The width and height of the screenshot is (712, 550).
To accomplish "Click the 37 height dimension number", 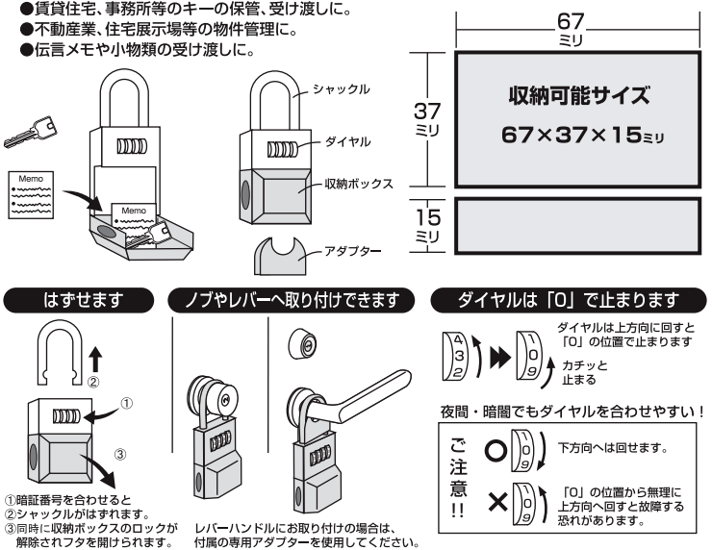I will coord(426,112).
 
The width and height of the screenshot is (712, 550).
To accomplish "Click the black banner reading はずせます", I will coord(84,300).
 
